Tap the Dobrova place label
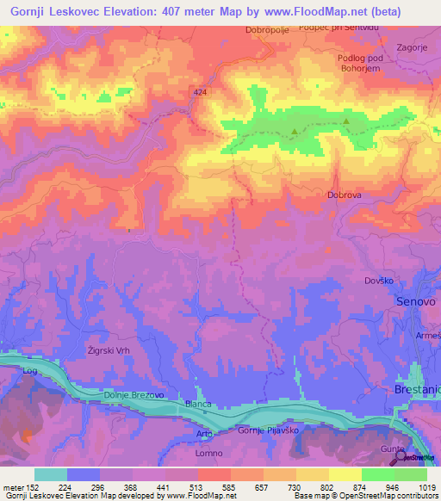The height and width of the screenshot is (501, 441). [344, 195]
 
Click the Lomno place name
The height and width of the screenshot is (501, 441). [208, 453]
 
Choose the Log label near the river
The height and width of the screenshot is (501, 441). [30, 370]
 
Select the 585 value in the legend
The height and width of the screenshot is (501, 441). [229, 486]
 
